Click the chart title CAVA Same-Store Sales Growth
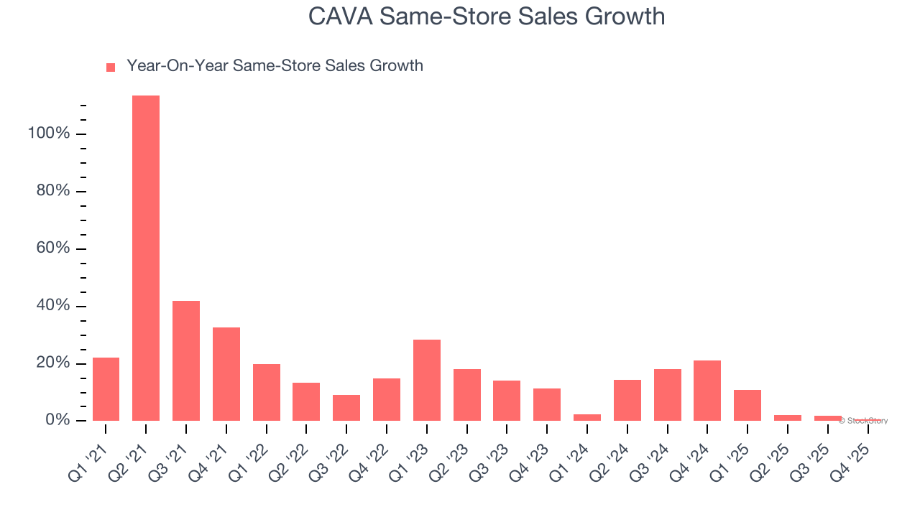pos(487,16)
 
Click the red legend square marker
pos(111,67)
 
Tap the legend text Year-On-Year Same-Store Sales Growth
pos(275,66)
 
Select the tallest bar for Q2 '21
pos(146,258)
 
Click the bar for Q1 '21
pos(106,388)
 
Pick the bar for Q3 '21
pos(186,360)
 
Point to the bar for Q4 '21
pos(226,373)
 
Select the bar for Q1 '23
pos(427,380)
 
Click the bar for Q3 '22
pos(346,407)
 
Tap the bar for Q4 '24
pos(707,390)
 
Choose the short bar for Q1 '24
pos(587,417)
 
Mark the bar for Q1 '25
pos(747,405)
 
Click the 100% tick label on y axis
pos(49,134)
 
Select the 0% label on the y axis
pos(57,420)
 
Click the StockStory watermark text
pos(863,421)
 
